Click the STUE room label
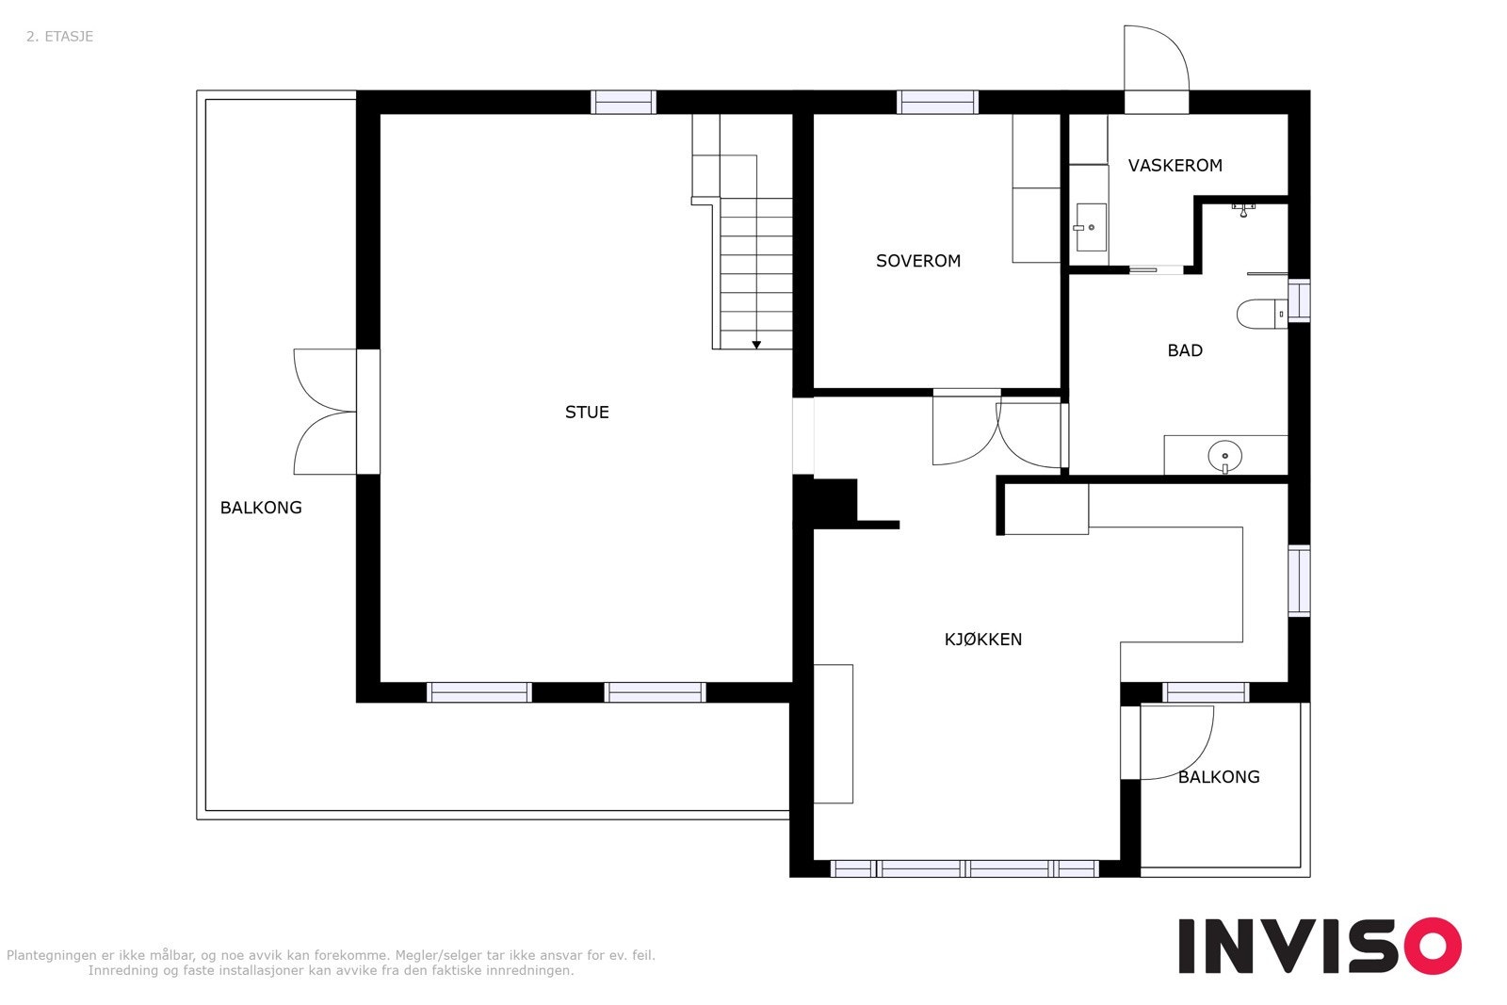(x=587, y=413)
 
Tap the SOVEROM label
(x=917, y=261)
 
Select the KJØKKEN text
(x=983, y=639)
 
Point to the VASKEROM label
(x=1175, y=166)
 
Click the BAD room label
(x=1185, y=350)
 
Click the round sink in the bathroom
(x=1224, y=456)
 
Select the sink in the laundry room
(x=1090, y=227)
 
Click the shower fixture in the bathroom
(x=1243, y=209)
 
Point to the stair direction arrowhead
(x=756, y=345)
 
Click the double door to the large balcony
(x=326, y=412)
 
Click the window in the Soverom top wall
(x=937, y=103)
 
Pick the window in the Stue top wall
(x=623, y=103)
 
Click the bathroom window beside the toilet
(x=1299, y=300)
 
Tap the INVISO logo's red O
(x=1433, y=946)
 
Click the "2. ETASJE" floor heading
(x=60, y=37)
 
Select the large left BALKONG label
(x=261, y=508)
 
